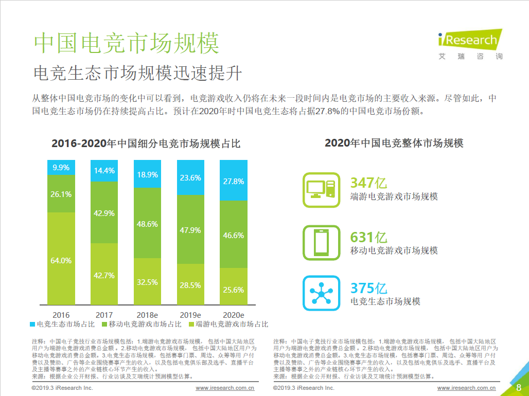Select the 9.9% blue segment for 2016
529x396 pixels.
[x=61, y=167]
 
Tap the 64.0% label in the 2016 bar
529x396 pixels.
[x=61, y=260]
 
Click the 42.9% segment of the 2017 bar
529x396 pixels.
[x=104, y=212]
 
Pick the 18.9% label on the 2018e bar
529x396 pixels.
[x=147, y=174]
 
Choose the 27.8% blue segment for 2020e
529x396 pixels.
[x=234, y=181]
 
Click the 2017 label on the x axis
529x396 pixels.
[x=104, y=315]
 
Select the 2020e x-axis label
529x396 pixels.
[x=234, y=315]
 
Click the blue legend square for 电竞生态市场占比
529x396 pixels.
[x=33, y=325]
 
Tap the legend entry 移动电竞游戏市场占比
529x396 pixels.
[x=142, y=325]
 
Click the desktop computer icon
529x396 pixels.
[x=321, y=190]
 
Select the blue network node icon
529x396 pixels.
[x=321, y=293]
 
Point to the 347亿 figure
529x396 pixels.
[x=368, y=183]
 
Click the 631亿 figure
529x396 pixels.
[x=368, y=238]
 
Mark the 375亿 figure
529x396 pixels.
[x=368, y=289]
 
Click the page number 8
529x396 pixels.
[x=519, y=386]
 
